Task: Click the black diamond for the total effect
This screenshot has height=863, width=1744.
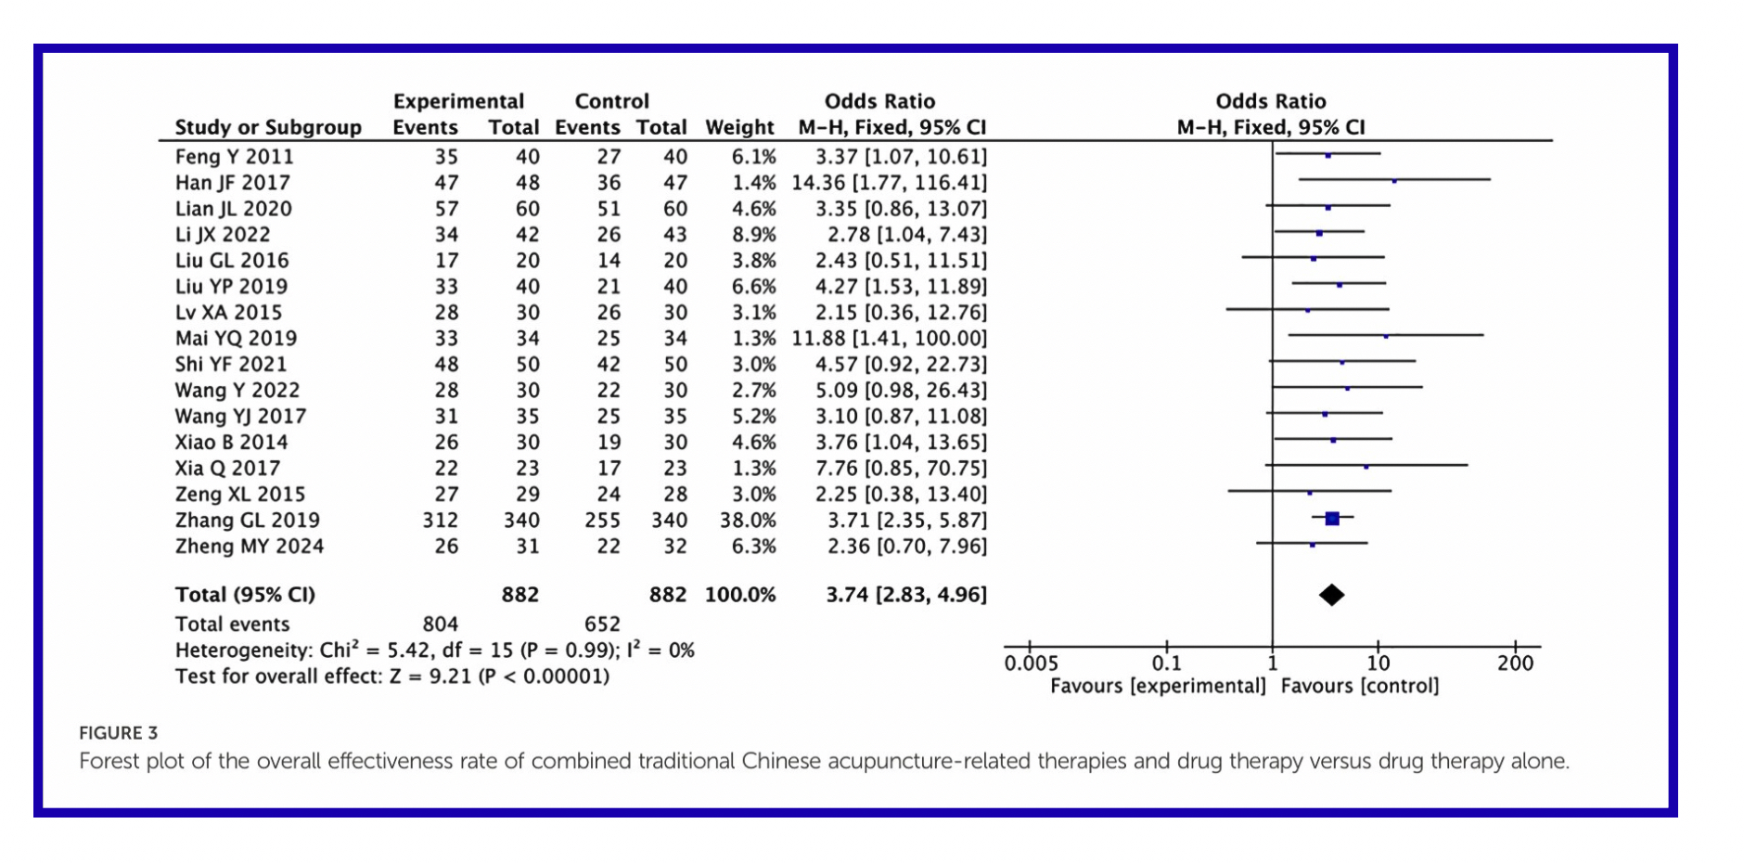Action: (1331, 595)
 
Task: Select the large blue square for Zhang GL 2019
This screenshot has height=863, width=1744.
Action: (1332, 519)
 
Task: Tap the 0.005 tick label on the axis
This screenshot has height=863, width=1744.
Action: (1031, 663)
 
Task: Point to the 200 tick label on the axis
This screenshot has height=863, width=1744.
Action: (1515, 663)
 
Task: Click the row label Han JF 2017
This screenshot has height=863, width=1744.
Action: (232, 183)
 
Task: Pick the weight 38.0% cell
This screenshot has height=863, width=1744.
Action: (748, 521)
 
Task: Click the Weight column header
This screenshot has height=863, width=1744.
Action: (739, 127)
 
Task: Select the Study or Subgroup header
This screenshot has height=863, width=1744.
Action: (268, 127)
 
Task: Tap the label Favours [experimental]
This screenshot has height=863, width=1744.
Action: (1158, 686)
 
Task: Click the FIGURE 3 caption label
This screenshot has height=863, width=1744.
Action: (119, 733)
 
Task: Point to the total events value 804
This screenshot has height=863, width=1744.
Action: (441, 625)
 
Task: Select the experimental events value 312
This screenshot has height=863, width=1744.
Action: (441, 521)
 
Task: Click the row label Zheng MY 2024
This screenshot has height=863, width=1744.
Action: (250, 547)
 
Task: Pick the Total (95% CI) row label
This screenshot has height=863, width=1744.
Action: (245, 595)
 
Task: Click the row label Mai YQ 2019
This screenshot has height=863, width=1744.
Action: (236, 339)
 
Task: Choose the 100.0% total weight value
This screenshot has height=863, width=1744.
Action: (739, 595)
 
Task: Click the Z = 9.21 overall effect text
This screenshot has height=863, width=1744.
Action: (430, 676)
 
